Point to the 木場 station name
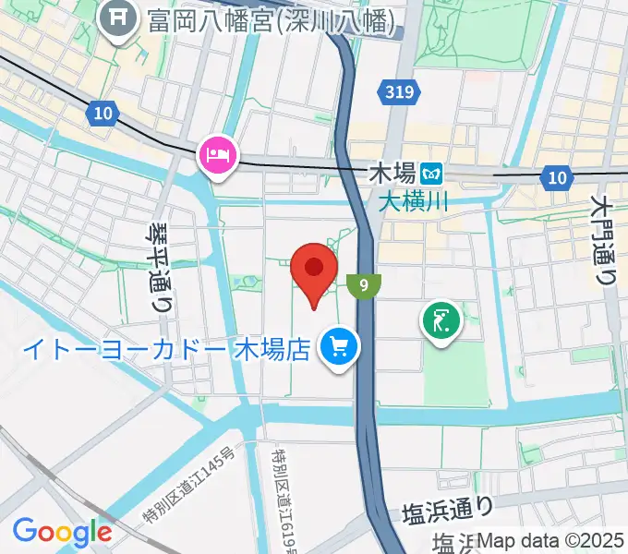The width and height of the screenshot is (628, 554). pos(391,173)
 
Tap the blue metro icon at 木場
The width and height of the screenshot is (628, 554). pos(429,173)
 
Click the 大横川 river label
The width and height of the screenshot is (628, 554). pos(413,199)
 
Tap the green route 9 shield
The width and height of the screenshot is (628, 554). pos(366,285)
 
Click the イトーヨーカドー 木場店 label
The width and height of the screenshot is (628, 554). pos(166,350)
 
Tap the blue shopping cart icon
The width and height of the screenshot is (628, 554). pos(339,348)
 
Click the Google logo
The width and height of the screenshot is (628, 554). pos(62,531)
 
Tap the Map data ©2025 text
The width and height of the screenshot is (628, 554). pos(553,540)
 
